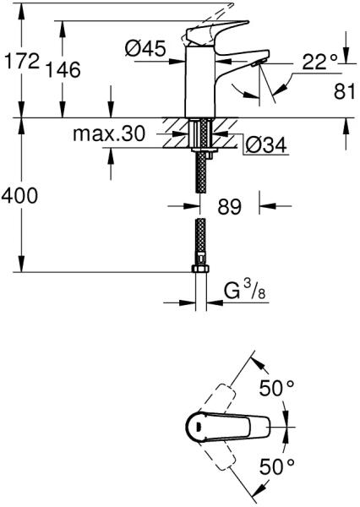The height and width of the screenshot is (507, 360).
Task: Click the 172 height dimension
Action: click(x=21, y=60)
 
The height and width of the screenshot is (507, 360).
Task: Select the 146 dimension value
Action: click(x=63, y=69)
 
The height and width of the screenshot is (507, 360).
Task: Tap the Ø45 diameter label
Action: click(x=145, y=48)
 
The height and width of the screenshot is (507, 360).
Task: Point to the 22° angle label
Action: click(x=320, y=62)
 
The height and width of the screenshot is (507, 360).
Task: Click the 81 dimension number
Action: click(x=345, y=91)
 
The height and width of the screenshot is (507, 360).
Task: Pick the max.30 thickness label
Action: click(x=109, y=134)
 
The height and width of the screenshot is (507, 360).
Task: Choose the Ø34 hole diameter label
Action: click(x=266, y=144)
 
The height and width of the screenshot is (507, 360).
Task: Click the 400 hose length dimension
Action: click(x=19, y=195)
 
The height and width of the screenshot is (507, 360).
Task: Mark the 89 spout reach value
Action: click(x=229, y=206)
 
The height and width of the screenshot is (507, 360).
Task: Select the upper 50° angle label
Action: click(x=277, y=388)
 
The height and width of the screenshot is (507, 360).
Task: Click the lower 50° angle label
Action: click(x=277, y=466)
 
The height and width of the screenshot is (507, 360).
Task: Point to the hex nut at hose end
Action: click(x=200, y=269)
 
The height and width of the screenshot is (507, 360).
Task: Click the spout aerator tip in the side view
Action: click(x=259, y=63)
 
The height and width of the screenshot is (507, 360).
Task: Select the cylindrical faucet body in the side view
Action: click(x=200, y=82)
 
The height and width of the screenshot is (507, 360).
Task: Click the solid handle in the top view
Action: click(x=228, y=427)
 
